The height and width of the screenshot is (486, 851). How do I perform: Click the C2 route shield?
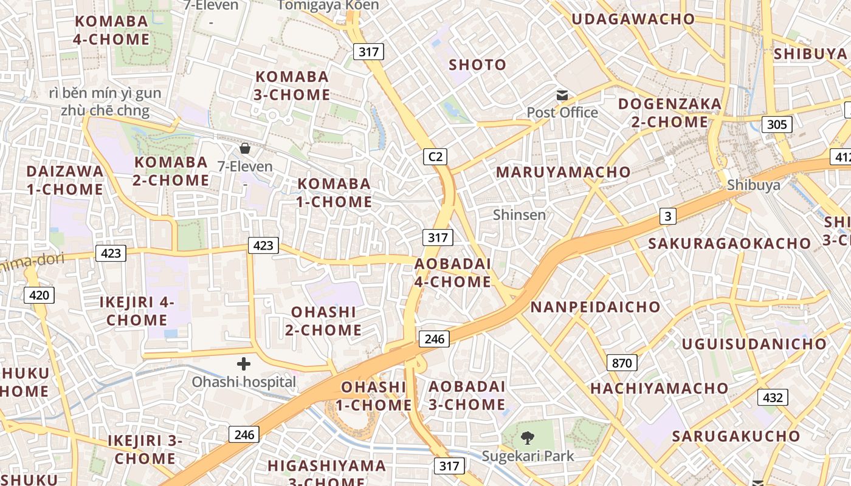pyautogui.click(x=435, y=157)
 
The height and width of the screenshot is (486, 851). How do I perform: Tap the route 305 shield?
pyautogui.click(x=776, y=125)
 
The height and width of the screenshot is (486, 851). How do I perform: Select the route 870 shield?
pyautogui.click(x=621, y=363)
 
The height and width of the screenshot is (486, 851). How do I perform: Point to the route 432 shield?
pyautogui.click(x=772, y=397)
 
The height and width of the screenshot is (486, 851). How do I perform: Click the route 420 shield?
pyautogui.click(x=39, y=296)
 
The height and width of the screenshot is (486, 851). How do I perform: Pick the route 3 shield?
pyautogui.click(x=668, y=216)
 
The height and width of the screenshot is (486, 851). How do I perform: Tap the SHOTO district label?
pyautogui.click(x=477, y=64)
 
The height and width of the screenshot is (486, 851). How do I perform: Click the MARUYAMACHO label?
pyautogui.click(x=563, y=172)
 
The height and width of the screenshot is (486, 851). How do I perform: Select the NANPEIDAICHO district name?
pyautogui.click(x=595, y=307)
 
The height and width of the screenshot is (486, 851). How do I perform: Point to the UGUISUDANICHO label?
pyautogui.click(x=754, y=344)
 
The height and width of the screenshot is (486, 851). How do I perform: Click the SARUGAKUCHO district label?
pyautogui.click(x=736, y=436)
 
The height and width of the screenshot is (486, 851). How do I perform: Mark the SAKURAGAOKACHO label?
pyautogui.click(x=729, y=244)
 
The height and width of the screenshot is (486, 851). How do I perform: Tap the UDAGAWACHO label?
pyautogui.click(x=633, y=19)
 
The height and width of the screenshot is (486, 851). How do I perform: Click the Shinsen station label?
pyautogui.click(x=519, y=214)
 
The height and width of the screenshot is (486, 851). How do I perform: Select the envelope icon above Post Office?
pyautogui.click(x=562, y=95)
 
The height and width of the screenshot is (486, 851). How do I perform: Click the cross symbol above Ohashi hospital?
pyautogui.click(x=244, y=364)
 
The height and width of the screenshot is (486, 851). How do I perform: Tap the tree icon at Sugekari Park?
pyautogui.click(x=527, y=437)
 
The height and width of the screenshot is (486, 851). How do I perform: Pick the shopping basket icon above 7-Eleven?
pyautogui.click(x=244, y=148)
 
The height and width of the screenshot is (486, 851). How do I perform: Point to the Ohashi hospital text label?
pyautogui.click(x=244, y=382)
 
